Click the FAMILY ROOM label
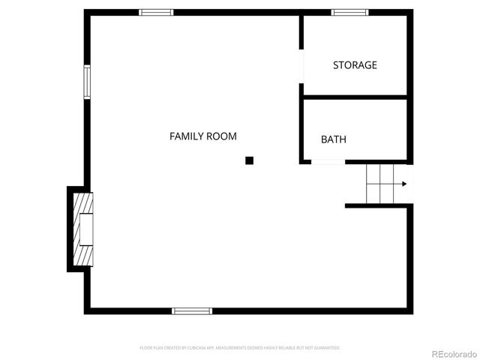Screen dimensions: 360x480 coord(202,136)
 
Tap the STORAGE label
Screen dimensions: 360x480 coord(355,65)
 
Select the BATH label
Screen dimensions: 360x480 coord(334,139)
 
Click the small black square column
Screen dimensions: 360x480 coord(250,160)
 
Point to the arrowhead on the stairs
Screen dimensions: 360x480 coord(404,184)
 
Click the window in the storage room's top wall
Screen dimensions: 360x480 coord(350,12)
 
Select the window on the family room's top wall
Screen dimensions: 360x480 coord(157,12)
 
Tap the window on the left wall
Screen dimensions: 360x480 coord(87,82)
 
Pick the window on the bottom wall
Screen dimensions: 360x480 coord(192,310)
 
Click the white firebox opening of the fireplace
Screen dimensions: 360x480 coord(87,229)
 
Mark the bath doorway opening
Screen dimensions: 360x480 coord(328,161)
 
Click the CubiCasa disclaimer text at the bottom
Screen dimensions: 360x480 coord(240,348)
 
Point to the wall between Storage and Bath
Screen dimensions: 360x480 coord(355,97)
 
